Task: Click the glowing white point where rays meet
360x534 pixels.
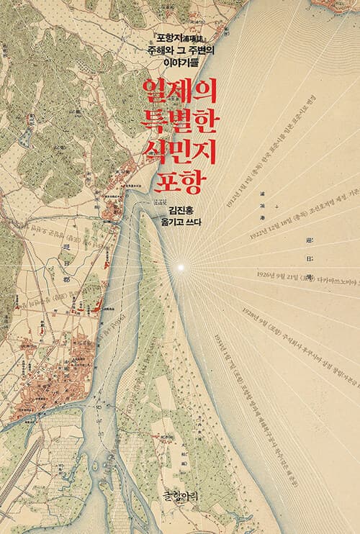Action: [182, 268]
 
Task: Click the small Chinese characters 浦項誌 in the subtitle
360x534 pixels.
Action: [192, 37]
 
